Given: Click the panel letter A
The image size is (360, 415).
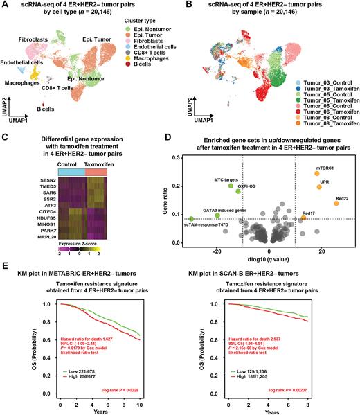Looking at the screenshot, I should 5,5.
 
